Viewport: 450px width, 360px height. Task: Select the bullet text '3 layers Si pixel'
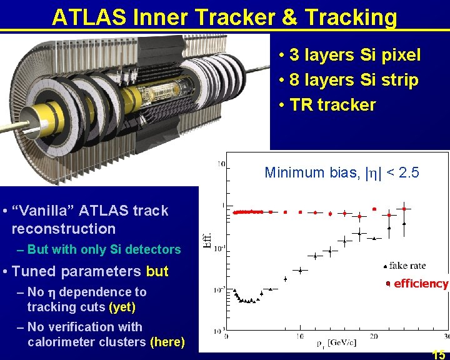coord(354,55)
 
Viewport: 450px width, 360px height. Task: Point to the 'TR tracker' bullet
coord(332,104)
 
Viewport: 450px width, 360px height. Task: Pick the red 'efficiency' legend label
coord(421,284)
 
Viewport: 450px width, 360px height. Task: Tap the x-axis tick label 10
coord(300,336)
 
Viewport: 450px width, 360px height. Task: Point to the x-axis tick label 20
coord(373,336)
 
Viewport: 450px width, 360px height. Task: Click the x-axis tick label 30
coord(445,336)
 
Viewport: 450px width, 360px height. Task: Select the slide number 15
coord(439,354)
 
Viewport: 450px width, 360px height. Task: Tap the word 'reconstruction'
coord(63,228)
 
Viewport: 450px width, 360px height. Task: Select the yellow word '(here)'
coord(167,342)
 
